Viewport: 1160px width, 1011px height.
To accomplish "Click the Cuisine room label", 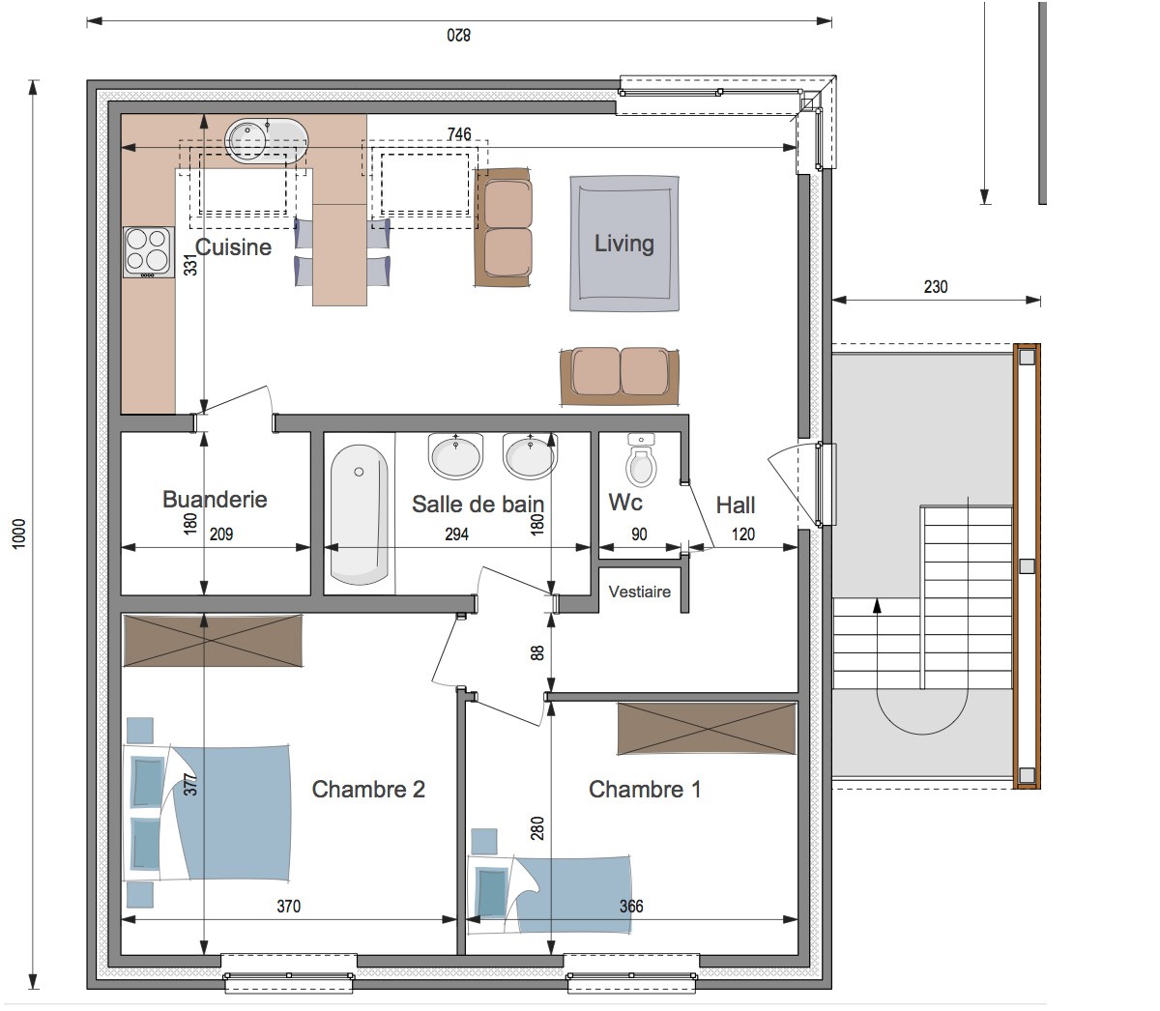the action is [233, 247].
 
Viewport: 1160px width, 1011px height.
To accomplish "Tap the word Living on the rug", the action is [623, 244].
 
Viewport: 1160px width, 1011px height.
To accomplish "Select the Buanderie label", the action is [215, 500].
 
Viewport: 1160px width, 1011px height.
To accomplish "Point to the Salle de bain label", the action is [478, 505].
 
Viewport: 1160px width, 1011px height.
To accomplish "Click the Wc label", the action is [624, 502].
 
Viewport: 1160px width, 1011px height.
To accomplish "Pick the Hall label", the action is [736, 505].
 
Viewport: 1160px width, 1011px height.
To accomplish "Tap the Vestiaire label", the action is [640, 592].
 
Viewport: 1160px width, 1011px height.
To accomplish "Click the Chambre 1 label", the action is [645, 790].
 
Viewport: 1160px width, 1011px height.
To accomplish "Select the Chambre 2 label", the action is [368, 790].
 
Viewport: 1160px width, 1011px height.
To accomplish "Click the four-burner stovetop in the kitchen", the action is [149, 252].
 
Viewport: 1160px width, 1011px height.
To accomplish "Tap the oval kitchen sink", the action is [267, 140].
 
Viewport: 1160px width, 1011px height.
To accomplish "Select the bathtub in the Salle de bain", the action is [360, 514].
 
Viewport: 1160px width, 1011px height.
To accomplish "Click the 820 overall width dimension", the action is [458, 35].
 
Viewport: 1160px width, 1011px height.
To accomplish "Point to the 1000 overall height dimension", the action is [19, 534].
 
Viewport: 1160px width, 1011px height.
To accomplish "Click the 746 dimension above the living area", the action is [458, 133].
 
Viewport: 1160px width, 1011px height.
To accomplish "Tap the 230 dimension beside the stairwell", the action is [936, 287].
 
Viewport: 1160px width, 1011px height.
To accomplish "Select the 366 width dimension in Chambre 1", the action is [631, 907].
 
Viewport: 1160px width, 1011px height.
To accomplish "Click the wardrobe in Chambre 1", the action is [707, 728].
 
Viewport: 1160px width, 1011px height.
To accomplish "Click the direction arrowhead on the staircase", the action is [878, 605].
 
